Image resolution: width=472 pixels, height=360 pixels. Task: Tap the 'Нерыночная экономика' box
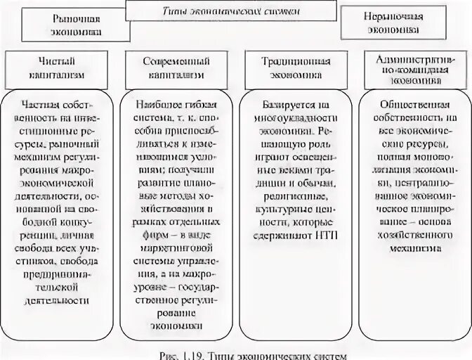coord(393,22)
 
